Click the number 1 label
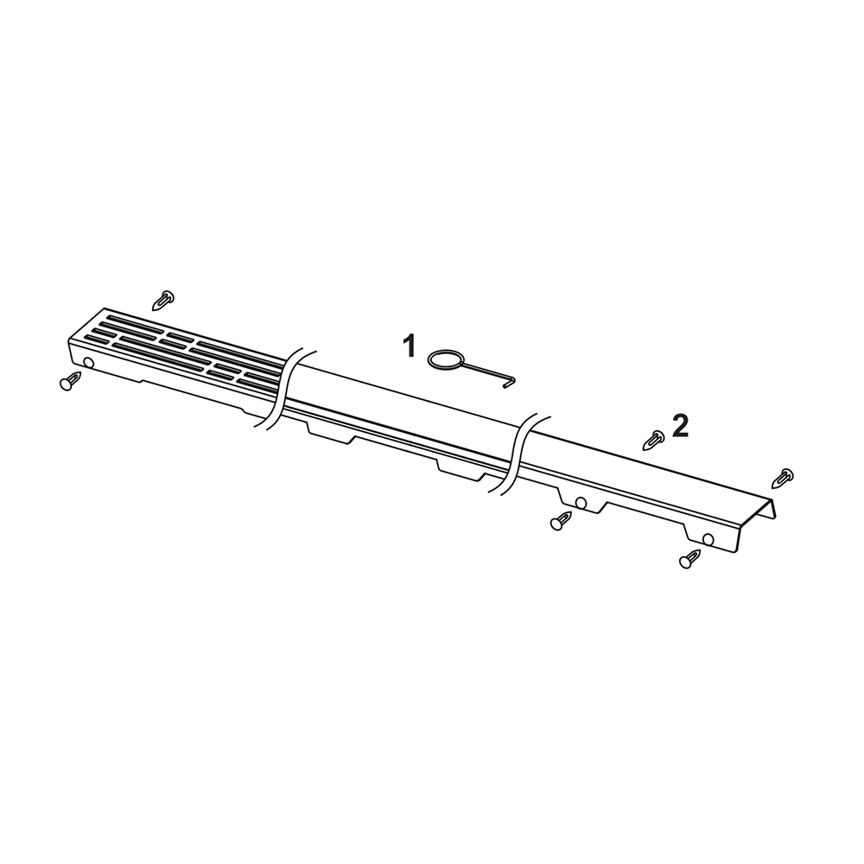[x=409, y=346]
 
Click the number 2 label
[x=681, y=426]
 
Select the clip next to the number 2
[x=654, y=440]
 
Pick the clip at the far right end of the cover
[x=783, y=478]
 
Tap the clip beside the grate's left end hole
[x=71, y=381]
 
